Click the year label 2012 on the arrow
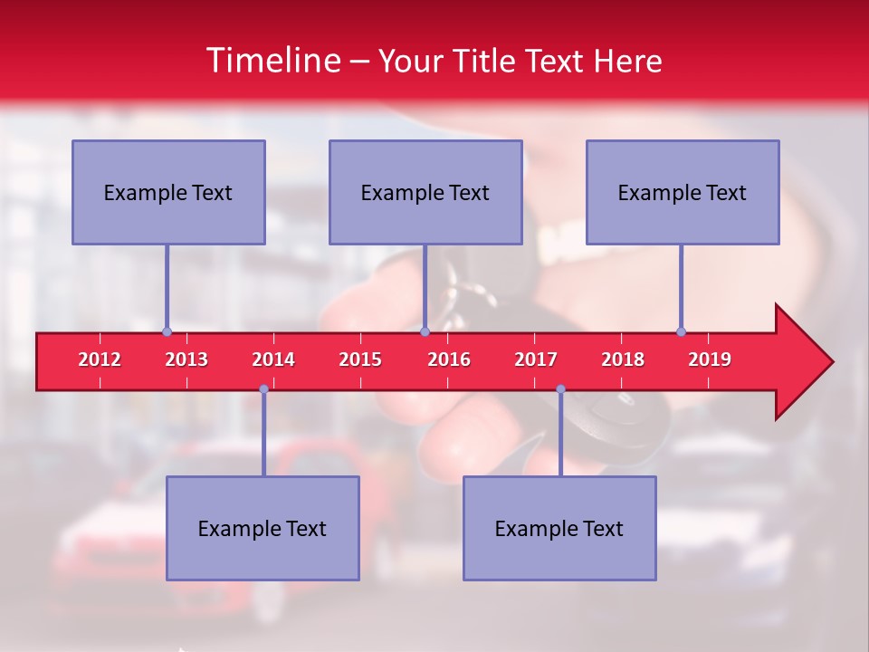pyautogui.click(x=100, y=360)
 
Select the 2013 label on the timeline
pyautogui.click(x=186, y=360)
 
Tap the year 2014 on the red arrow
pyautogui.click(x=273, y=360)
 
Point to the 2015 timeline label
pyautogui.click(x=360, y=360)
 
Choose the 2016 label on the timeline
pyautogui.click(x=449, y=360)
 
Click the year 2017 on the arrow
pyautogui.click(x=536, y=360)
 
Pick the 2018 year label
pyautogui.click(x=623, y=360)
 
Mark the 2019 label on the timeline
pyautogui.click(x=710, y=360)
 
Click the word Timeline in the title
pyautogui.click(x=272, y=61)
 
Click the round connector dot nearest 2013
pyautogui.click(x=167, y=331)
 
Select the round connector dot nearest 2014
pyautogui.click(x=263, y=388)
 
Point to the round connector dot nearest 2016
pyautogui.click(x=425, y=331)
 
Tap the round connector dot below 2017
pyautogui.click(x=560, y=388)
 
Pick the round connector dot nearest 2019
pyautogui.click(x=681, y=331)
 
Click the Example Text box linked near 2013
pyautogui.click(x=168, y=192)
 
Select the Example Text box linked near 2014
pyautogui.click(x=263, y=528)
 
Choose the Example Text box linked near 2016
pyautogui.click(x=425, y=192)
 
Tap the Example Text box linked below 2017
pyautogui.click(x=559, y=528)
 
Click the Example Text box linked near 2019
pyautogui.click(x=683, y=192)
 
